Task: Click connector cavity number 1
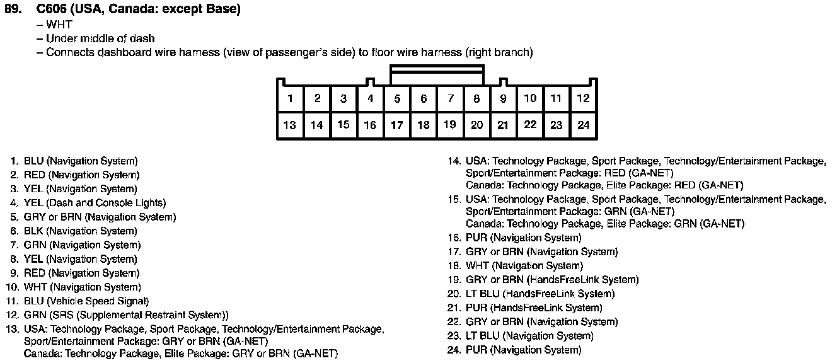290,98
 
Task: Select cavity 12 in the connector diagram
584,98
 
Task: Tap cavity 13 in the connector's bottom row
290,125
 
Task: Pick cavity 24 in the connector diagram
584,125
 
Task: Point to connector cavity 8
477,98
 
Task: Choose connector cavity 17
396,125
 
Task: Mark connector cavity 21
502,125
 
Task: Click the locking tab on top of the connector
437,74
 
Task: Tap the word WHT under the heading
59,25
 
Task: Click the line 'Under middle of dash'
100,38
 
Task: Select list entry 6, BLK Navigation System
80,231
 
